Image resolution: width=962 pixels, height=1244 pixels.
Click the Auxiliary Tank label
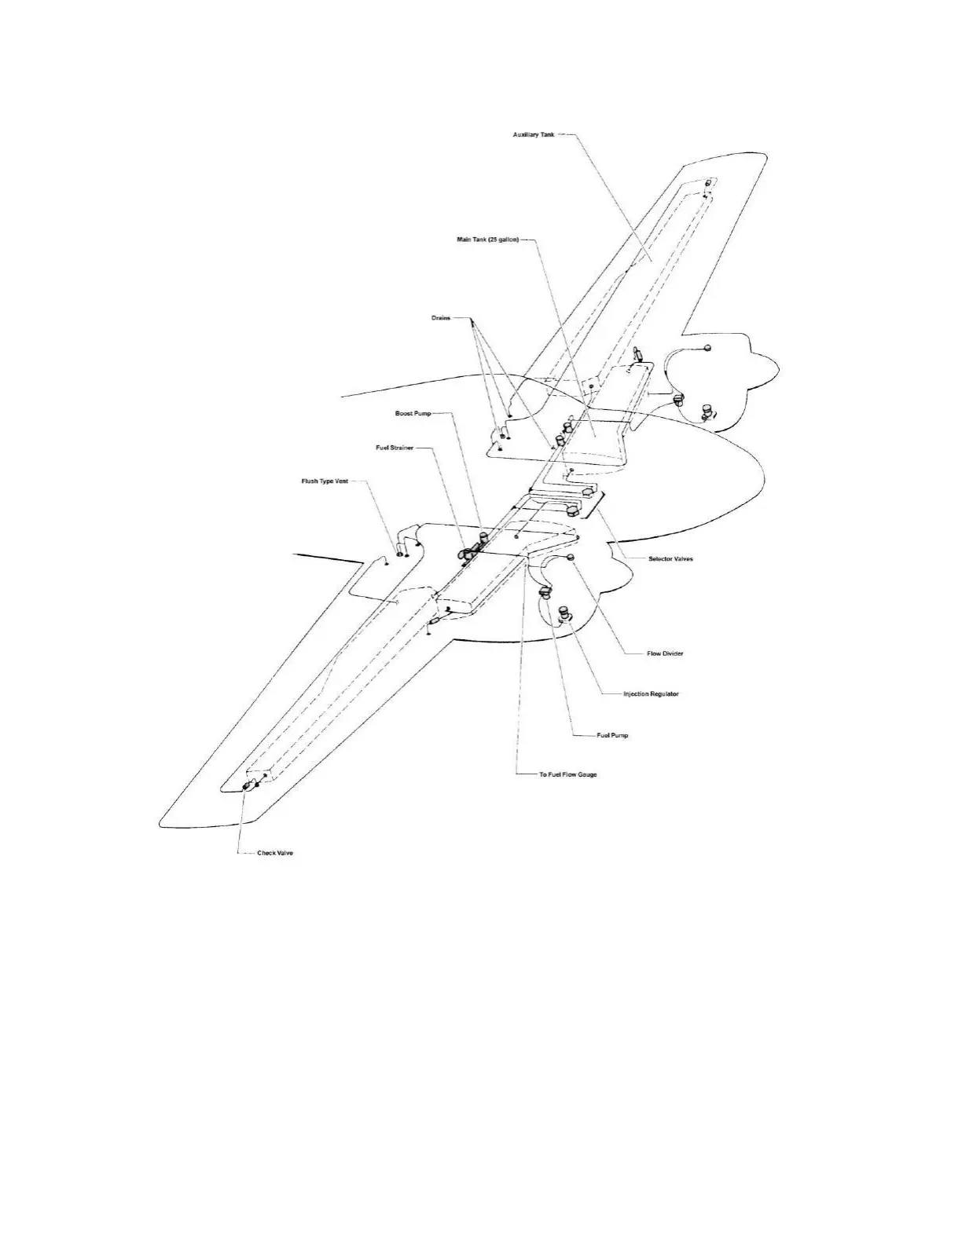534,135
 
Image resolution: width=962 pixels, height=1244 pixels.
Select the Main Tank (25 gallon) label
487,240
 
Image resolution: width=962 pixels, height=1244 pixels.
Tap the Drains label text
441,318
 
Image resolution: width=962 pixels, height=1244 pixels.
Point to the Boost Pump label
413,413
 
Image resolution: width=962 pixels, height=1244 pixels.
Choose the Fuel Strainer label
395,448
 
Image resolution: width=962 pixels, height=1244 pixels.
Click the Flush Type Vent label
325,481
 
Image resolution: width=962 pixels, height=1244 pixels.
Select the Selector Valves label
670,559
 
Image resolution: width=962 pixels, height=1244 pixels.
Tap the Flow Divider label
665,653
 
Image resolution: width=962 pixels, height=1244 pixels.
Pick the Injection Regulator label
651,694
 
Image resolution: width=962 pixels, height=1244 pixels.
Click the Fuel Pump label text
613,736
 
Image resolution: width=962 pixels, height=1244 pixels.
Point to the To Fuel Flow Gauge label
568,774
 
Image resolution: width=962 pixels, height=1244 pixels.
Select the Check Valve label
275,853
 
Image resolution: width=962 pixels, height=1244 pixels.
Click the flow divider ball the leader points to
571,557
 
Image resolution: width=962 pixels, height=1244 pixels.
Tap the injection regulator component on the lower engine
563,614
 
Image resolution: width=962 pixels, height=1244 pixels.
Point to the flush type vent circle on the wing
399,554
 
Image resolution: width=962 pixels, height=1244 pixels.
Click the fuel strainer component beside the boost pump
464,554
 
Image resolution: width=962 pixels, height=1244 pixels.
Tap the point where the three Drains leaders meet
472,320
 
